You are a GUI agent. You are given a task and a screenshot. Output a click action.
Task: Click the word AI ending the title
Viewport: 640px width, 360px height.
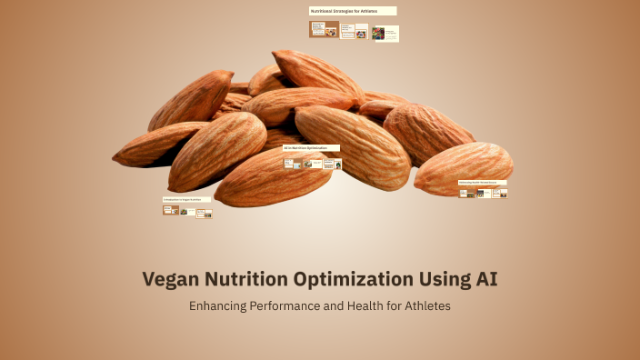tap(486, 280)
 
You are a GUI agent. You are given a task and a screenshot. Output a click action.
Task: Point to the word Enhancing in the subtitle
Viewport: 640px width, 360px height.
tap(218, 306)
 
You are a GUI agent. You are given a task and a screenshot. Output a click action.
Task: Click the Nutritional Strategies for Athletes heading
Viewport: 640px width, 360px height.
tap(352, 11)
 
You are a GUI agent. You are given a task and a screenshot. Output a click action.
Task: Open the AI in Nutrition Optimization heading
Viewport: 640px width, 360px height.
tap(311, 147)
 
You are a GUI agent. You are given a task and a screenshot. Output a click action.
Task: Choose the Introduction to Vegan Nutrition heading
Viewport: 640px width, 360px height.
tap(186, 199)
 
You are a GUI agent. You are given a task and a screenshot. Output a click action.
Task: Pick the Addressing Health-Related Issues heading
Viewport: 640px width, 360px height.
tap(483, 182)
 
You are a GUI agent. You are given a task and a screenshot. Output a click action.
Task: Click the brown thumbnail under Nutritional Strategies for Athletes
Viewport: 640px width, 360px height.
tap(324, 30)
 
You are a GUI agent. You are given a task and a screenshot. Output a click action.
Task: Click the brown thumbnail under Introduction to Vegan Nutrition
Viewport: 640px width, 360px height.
tap(169, 210)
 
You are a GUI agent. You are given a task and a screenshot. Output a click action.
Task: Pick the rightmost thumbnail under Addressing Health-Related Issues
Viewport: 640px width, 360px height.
tap(499, 193)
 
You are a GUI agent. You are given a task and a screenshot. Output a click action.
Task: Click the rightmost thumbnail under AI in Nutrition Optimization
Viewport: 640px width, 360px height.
tap(333, 165)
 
